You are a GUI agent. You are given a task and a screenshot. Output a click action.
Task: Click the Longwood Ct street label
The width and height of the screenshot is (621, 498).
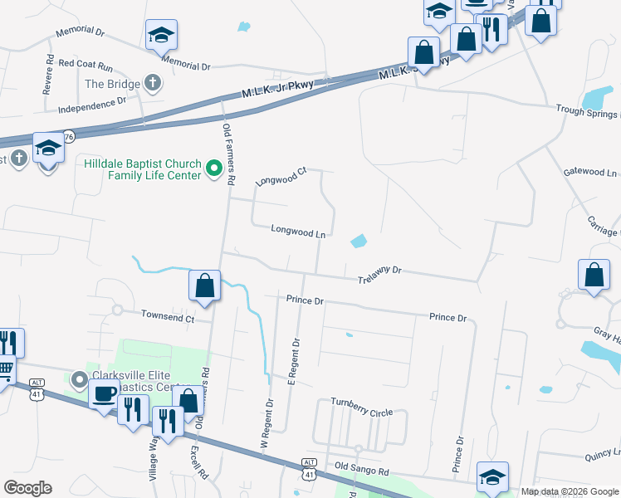(x=281, y=176)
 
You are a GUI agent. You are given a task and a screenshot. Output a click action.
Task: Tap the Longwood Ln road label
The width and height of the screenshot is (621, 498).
(x=297, y=232)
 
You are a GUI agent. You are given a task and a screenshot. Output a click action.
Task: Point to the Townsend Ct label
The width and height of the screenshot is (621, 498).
(x=167, y=316)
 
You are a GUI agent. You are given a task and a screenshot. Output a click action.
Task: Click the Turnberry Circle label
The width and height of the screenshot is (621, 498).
(x=361, y=413)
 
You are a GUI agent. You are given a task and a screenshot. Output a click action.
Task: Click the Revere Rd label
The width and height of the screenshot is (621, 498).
(x=49, y=72)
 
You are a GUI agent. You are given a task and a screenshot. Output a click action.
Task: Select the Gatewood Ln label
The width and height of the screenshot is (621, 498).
(x=590, y=173)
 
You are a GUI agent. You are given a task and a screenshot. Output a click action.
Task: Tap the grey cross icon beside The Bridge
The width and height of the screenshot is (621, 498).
(x=152, y=83)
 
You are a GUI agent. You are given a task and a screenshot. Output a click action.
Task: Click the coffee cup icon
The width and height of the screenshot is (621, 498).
(x=105, y=393)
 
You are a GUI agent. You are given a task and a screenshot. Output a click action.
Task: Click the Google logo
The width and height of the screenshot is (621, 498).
(x=27, y=488)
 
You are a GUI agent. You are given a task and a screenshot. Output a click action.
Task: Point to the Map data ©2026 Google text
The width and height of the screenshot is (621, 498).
(x=570, y=491)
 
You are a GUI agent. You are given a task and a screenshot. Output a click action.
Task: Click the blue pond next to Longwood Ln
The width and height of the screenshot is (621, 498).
(x=359, y=242)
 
